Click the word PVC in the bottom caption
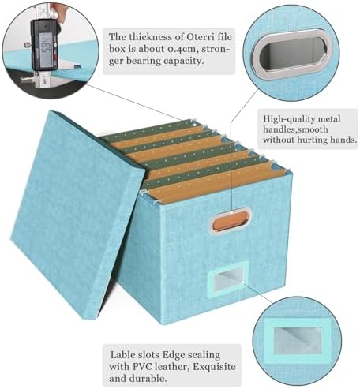pos(144,366)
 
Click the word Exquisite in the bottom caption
pos(214,366)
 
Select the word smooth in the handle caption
pos(313,129)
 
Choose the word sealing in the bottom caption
pos(202,355)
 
